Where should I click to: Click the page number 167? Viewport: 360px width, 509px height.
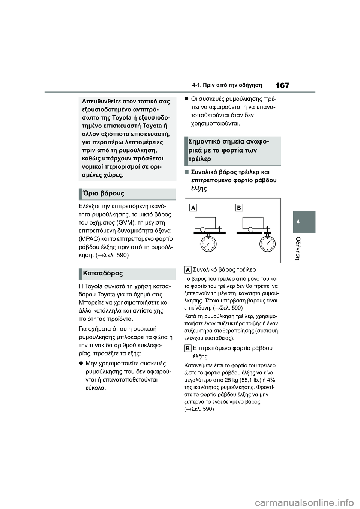coord(282,85)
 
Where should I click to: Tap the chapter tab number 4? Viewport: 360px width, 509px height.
coord(303,222)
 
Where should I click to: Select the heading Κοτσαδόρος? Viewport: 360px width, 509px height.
coord(103,273)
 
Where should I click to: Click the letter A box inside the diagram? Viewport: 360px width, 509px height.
coord(193,208)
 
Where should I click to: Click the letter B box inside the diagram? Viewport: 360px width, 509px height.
coord(239,208)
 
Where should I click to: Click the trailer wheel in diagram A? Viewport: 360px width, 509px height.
coord(203,229)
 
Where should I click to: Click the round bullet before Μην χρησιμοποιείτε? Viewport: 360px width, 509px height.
coord(81,364)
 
